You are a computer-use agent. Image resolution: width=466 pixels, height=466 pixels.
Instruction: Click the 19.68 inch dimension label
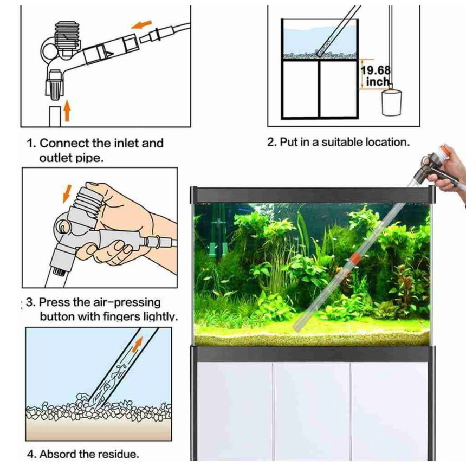pyautogui.click(x=376, y=76)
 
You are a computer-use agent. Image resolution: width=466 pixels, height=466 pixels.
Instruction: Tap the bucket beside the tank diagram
pyautogui.click(x=391, y=102)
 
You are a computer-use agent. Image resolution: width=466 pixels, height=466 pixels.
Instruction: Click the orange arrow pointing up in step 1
pyautogui.click(x=68, y=110)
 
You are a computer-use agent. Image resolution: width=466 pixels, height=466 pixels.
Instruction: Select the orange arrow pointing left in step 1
pyautogui.click(x=141, y=24)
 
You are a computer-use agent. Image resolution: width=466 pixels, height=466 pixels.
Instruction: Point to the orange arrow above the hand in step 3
pyautogui.click(x=68, y=194)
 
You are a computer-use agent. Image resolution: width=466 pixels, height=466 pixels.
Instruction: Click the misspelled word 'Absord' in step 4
pyautogui.click(x=57, y=454)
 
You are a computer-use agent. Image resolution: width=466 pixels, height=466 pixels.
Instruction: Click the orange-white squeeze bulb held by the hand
pyautogui.click(x=444, y=152)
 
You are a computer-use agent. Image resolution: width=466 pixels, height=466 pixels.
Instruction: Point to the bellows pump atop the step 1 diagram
pyautogui.click(x=67, y=35)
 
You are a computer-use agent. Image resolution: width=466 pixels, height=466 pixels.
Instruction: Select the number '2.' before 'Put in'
pyautogui.click(x=272, y=142)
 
